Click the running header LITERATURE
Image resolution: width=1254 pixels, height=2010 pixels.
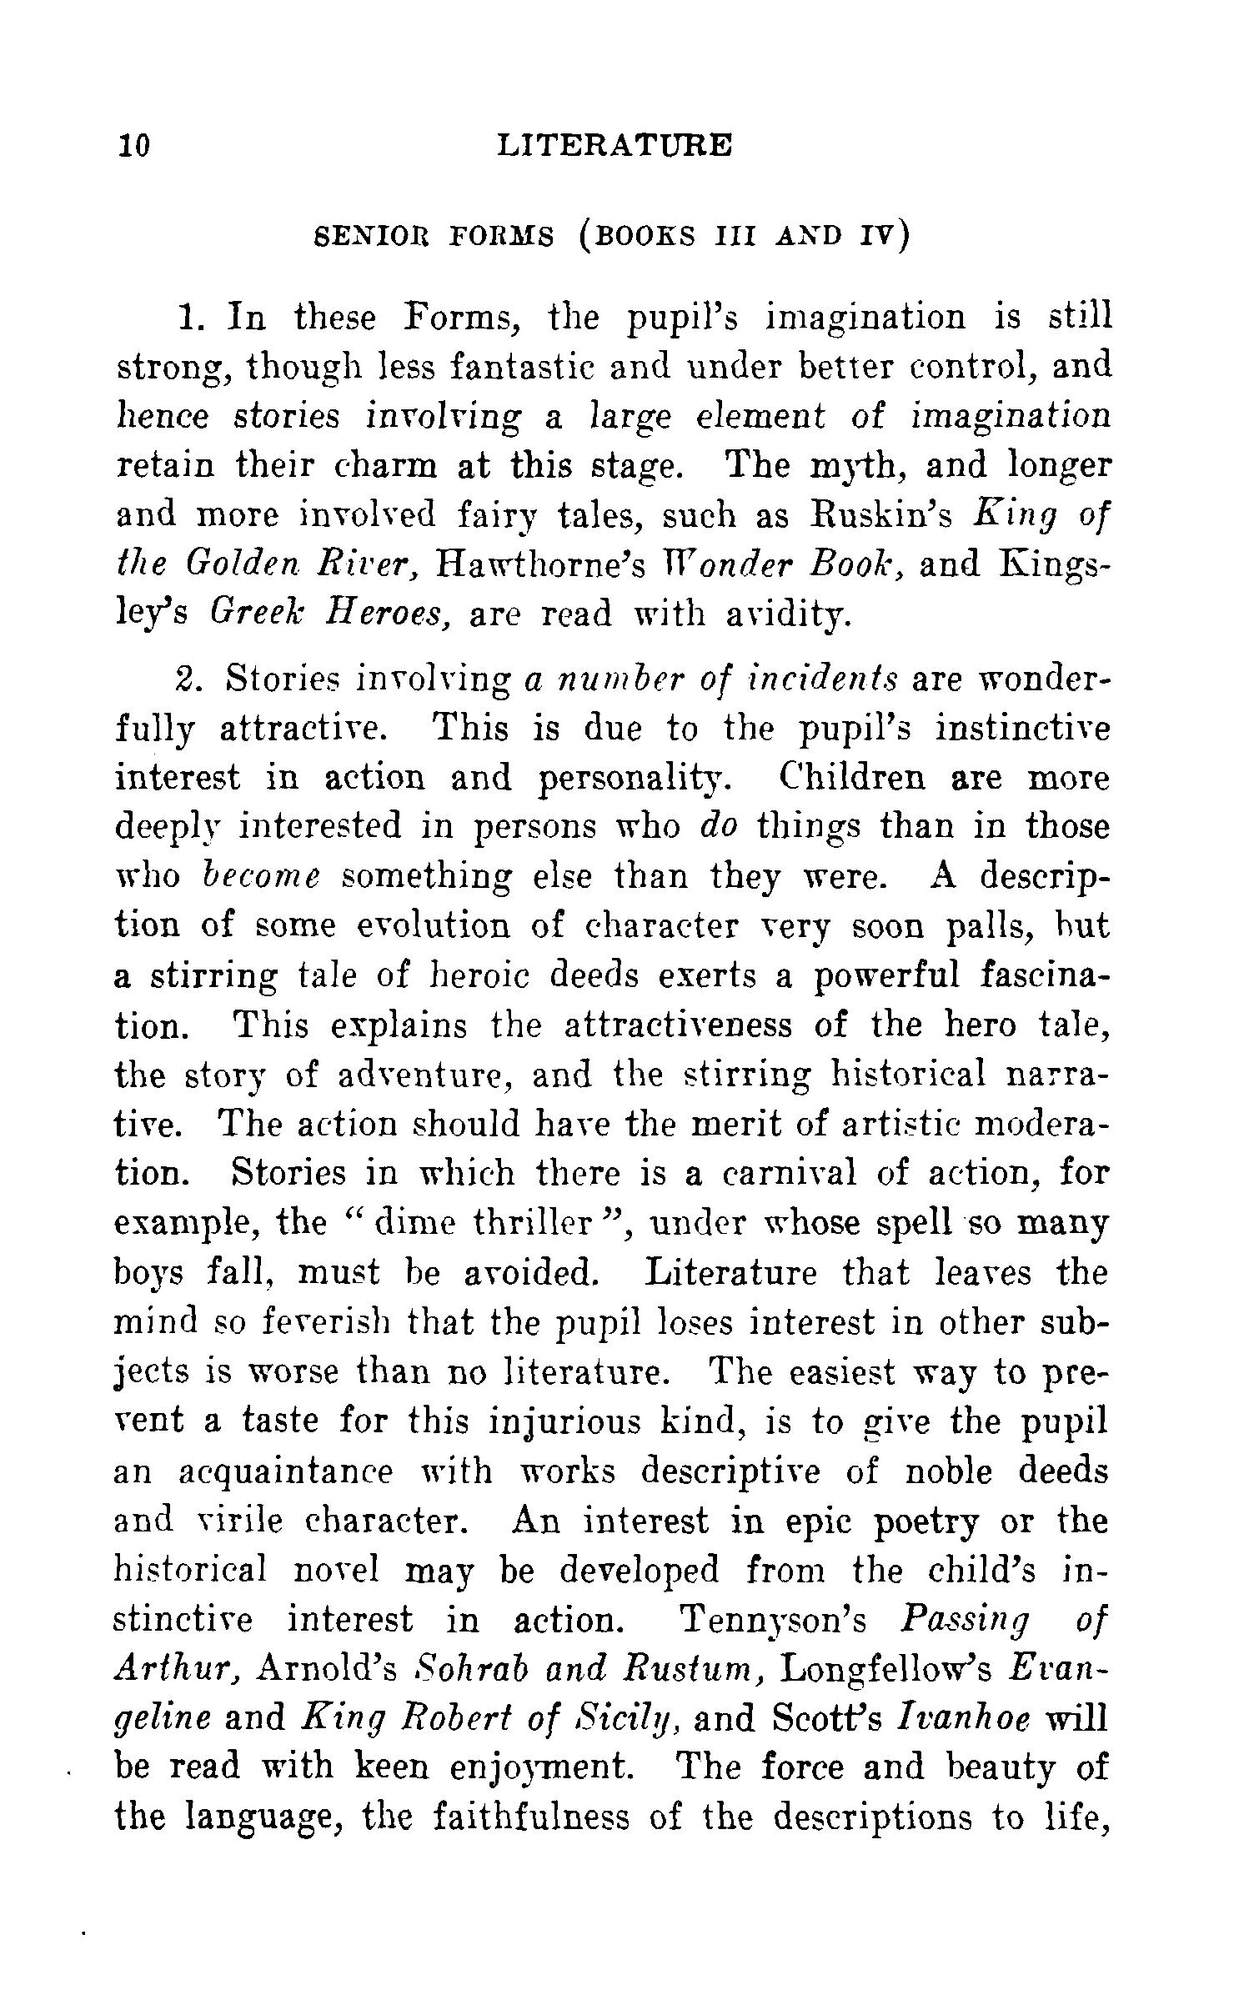(614, 144)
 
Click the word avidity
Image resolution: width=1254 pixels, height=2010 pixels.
(775, 614)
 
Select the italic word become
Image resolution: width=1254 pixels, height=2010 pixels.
(261, 877)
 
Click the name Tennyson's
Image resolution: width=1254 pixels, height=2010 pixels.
(773, 1619)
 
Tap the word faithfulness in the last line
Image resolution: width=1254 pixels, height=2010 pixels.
(530, 1817)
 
